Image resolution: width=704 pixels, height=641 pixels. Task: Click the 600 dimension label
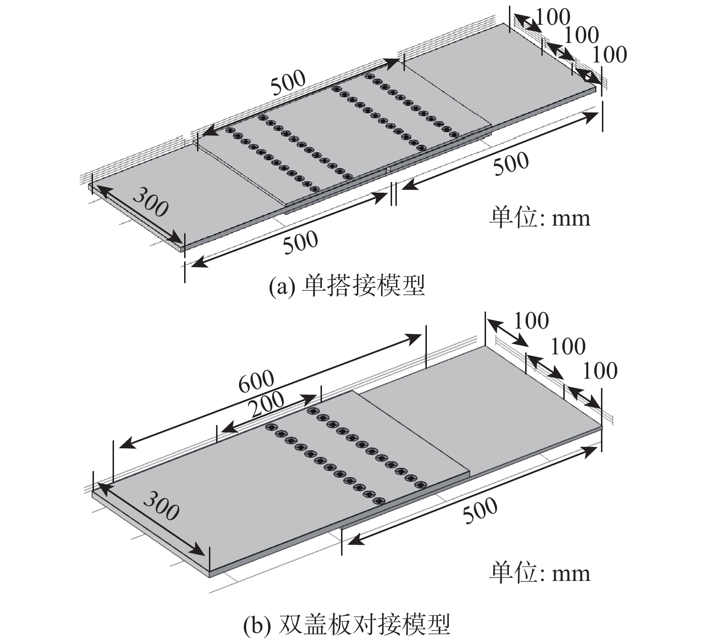point(257,381)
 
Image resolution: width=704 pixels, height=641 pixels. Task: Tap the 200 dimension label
point(266,406)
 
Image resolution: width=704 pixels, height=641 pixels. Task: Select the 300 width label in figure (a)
point(150,202)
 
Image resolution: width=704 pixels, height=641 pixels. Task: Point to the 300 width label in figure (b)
point(162,505)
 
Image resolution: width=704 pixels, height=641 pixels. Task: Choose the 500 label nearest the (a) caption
point(300,243)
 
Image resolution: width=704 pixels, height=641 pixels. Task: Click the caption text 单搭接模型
point(364,286)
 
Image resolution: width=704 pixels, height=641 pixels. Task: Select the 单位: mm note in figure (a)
point(539,217)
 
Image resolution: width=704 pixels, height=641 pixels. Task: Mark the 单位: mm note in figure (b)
point(539,572)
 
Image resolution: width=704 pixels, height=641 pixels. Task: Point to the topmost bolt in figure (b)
point(313,411)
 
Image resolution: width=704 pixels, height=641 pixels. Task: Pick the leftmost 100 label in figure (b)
point(531,320)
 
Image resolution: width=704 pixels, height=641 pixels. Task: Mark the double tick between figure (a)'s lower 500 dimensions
point(393,194)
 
